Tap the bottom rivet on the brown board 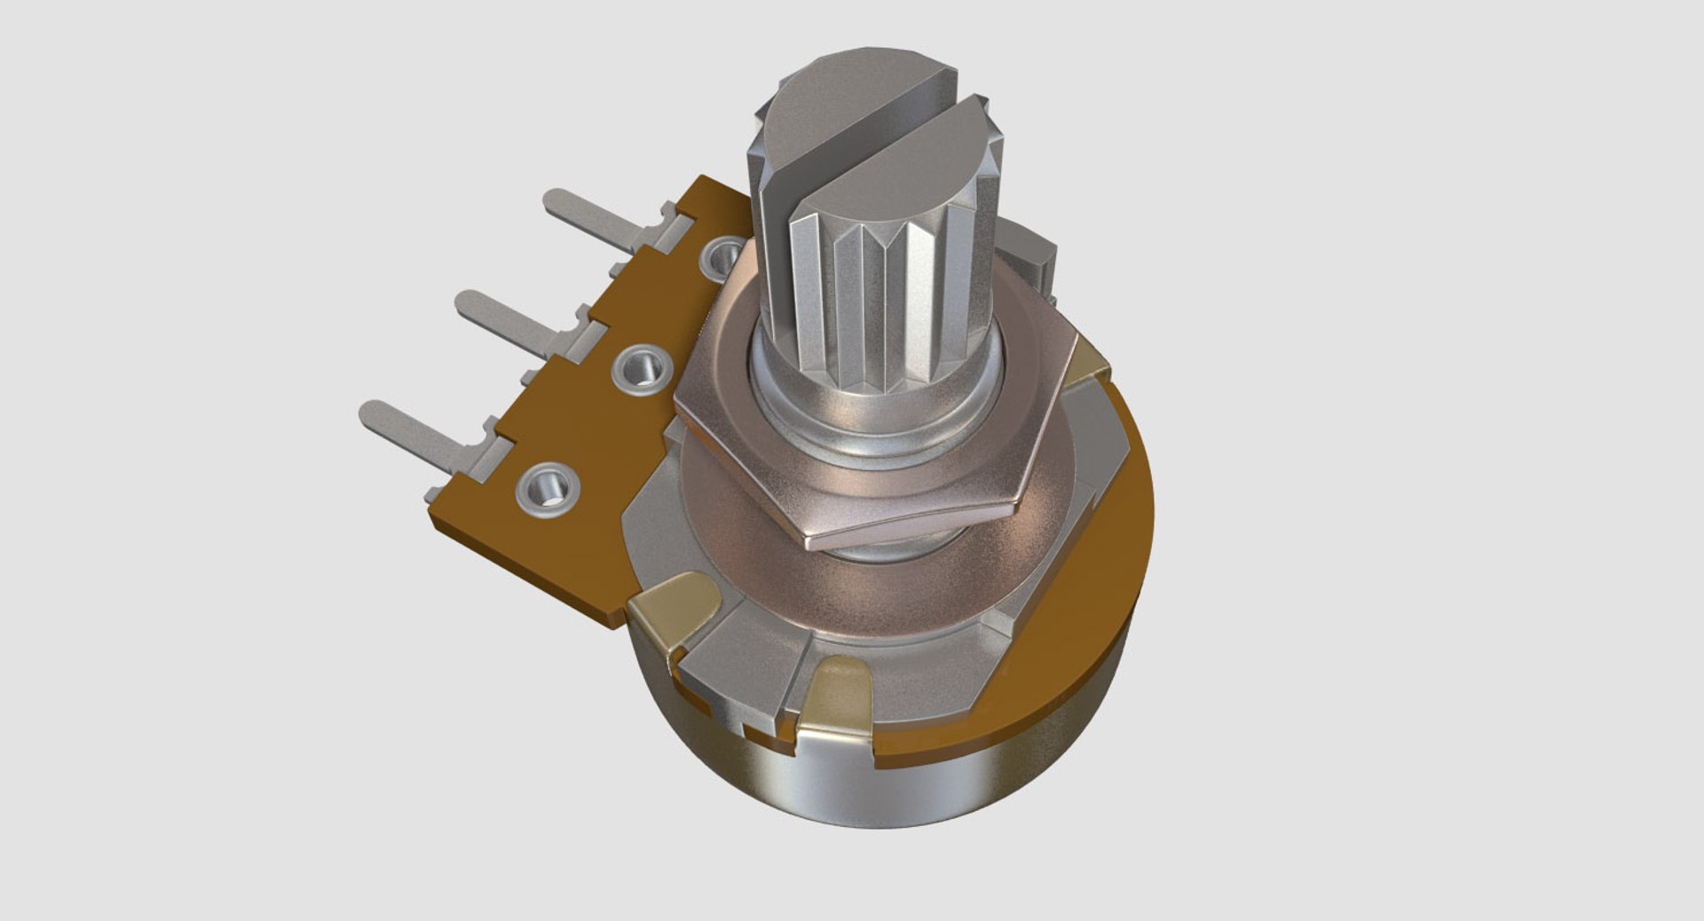548,488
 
